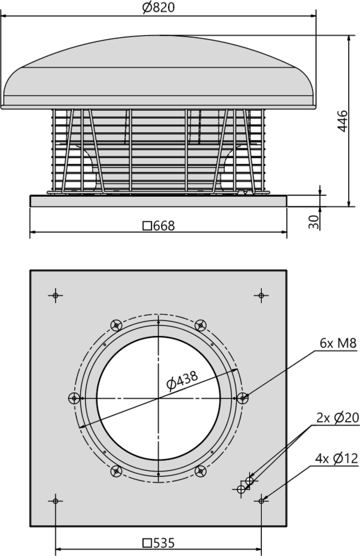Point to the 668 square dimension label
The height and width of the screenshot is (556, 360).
(158, 226)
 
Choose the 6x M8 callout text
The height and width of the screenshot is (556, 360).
(338, 343)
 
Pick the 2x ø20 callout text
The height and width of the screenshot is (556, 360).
(337, 418)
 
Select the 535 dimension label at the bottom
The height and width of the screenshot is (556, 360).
(159, 542)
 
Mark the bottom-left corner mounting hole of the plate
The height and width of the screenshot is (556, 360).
(55, 500)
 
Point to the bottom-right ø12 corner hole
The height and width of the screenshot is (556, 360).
(261, 500)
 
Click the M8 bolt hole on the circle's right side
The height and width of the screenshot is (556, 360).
(244, 398)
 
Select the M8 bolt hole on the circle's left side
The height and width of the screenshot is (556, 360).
(74, 398)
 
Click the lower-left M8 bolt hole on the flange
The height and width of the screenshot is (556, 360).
(116, 471)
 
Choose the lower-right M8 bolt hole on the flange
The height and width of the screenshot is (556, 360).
(201, 471)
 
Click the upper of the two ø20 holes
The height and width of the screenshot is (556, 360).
(249, 481)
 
